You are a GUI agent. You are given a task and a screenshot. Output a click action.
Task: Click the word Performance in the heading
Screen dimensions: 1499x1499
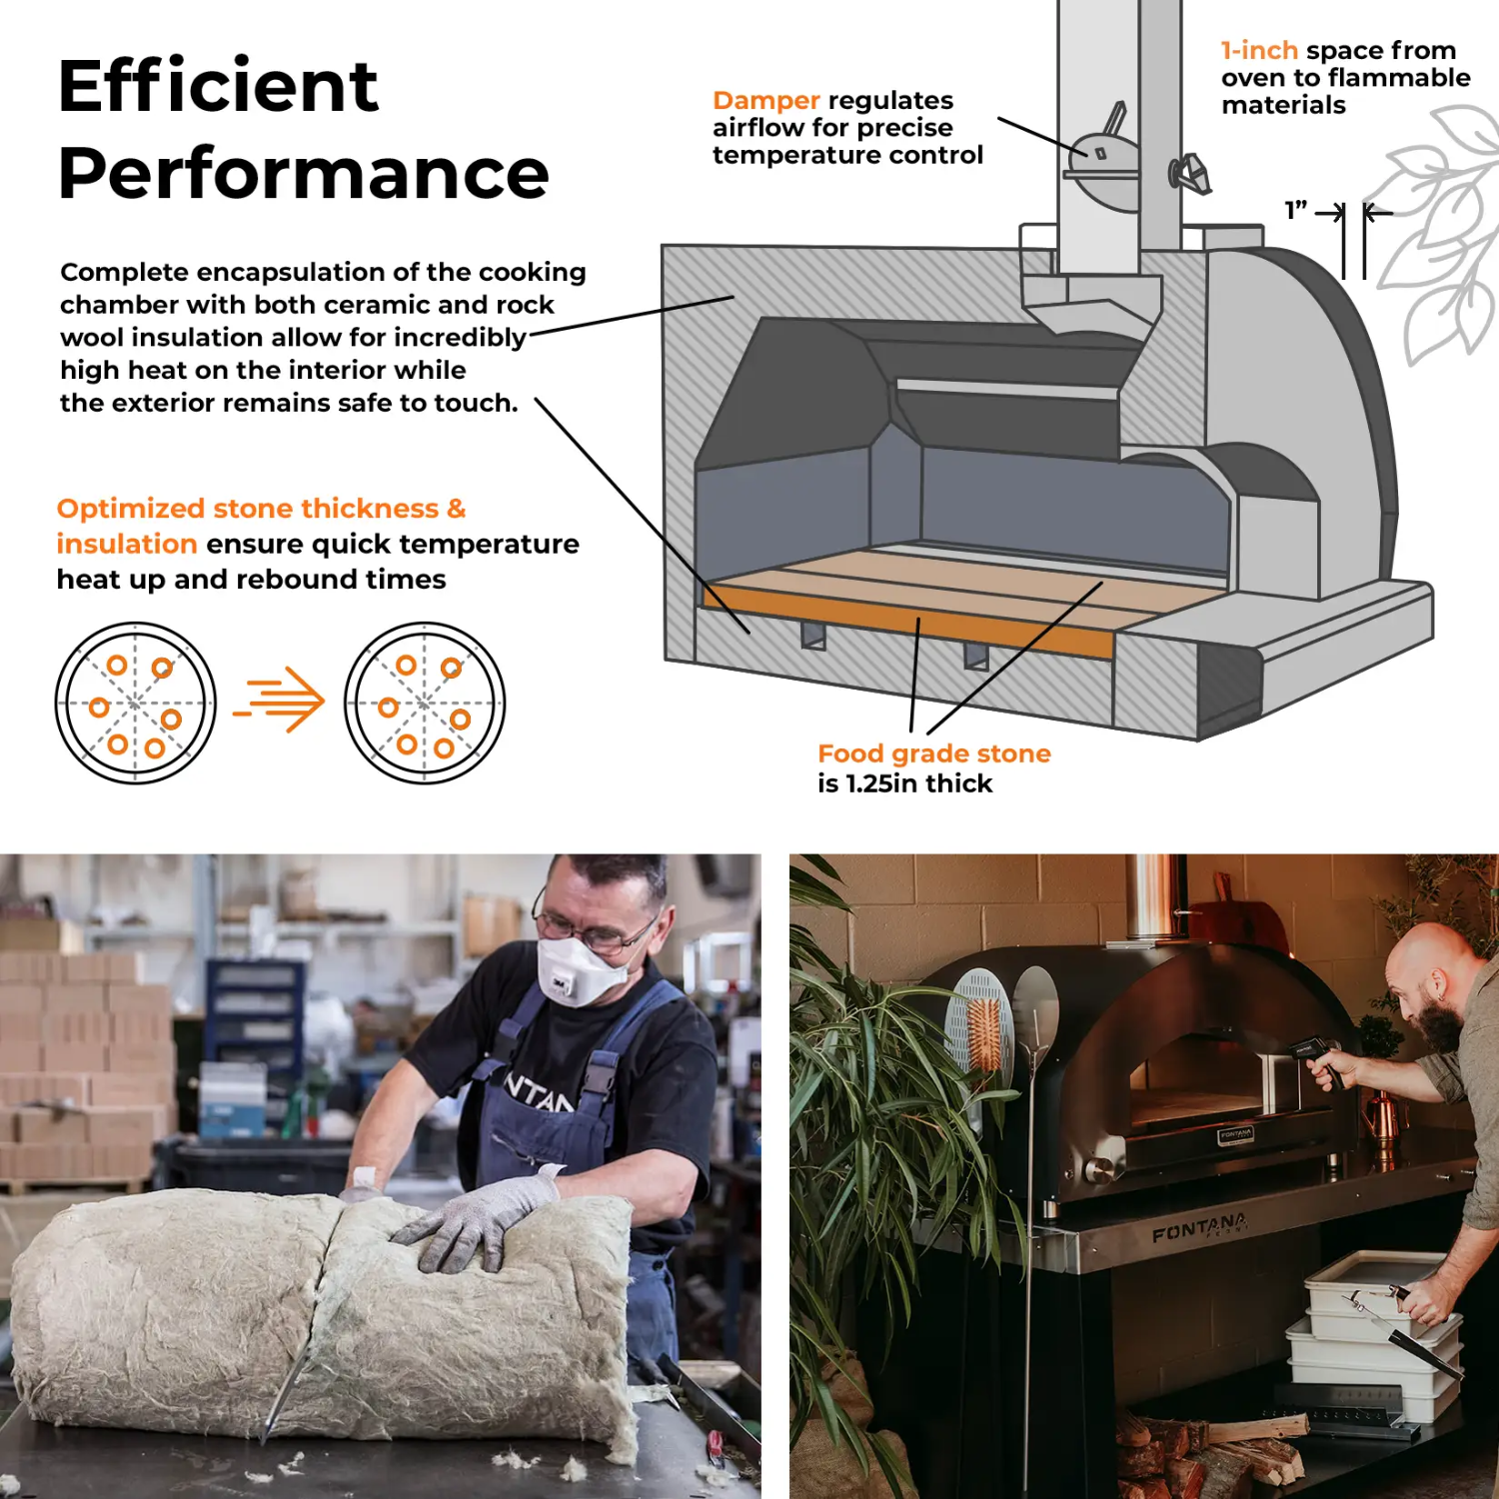pyautogui.click(x=304, y=173)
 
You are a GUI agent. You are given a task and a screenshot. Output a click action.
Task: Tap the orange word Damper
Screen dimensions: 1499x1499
pyautogui.click(x=766, y=100)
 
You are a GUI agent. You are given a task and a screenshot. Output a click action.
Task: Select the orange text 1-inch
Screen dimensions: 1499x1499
pyautogui.click(x=1259, y=50)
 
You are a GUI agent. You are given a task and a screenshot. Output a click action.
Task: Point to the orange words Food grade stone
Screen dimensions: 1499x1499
pyautogui.click(x=934, y=753)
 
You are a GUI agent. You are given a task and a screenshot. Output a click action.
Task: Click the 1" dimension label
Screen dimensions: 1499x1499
pyautogui.click(x=1296, y=210)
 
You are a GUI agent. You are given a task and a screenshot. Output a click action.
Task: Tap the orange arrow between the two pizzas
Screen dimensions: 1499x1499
pyautogui.click(x=280, y=700)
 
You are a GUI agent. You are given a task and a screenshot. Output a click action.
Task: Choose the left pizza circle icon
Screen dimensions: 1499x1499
pyautogui.click(x=135, y=703)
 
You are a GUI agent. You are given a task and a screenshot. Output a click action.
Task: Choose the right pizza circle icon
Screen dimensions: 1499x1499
pyautogui.click(x=425, y=703)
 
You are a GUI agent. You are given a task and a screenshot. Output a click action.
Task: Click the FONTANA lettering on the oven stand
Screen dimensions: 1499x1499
pyautogui.click(x=1200, y=1227)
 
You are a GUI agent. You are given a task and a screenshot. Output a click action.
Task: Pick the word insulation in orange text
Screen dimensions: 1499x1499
pyautogui.click(x=127, y=544)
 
